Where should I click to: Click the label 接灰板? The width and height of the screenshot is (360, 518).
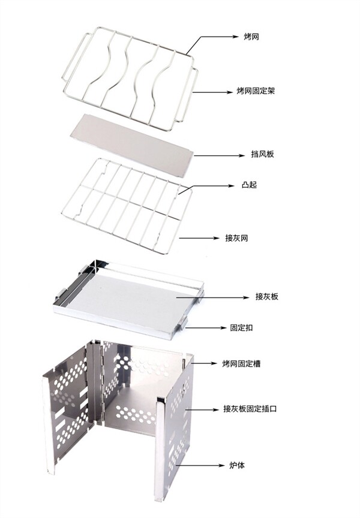266,297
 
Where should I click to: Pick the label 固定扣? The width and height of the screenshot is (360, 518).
242,328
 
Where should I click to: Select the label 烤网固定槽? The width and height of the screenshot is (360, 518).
241,363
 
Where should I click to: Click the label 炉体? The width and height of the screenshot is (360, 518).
235,465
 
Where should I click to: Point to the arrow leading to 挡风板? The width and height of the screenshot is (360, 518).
214,155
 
